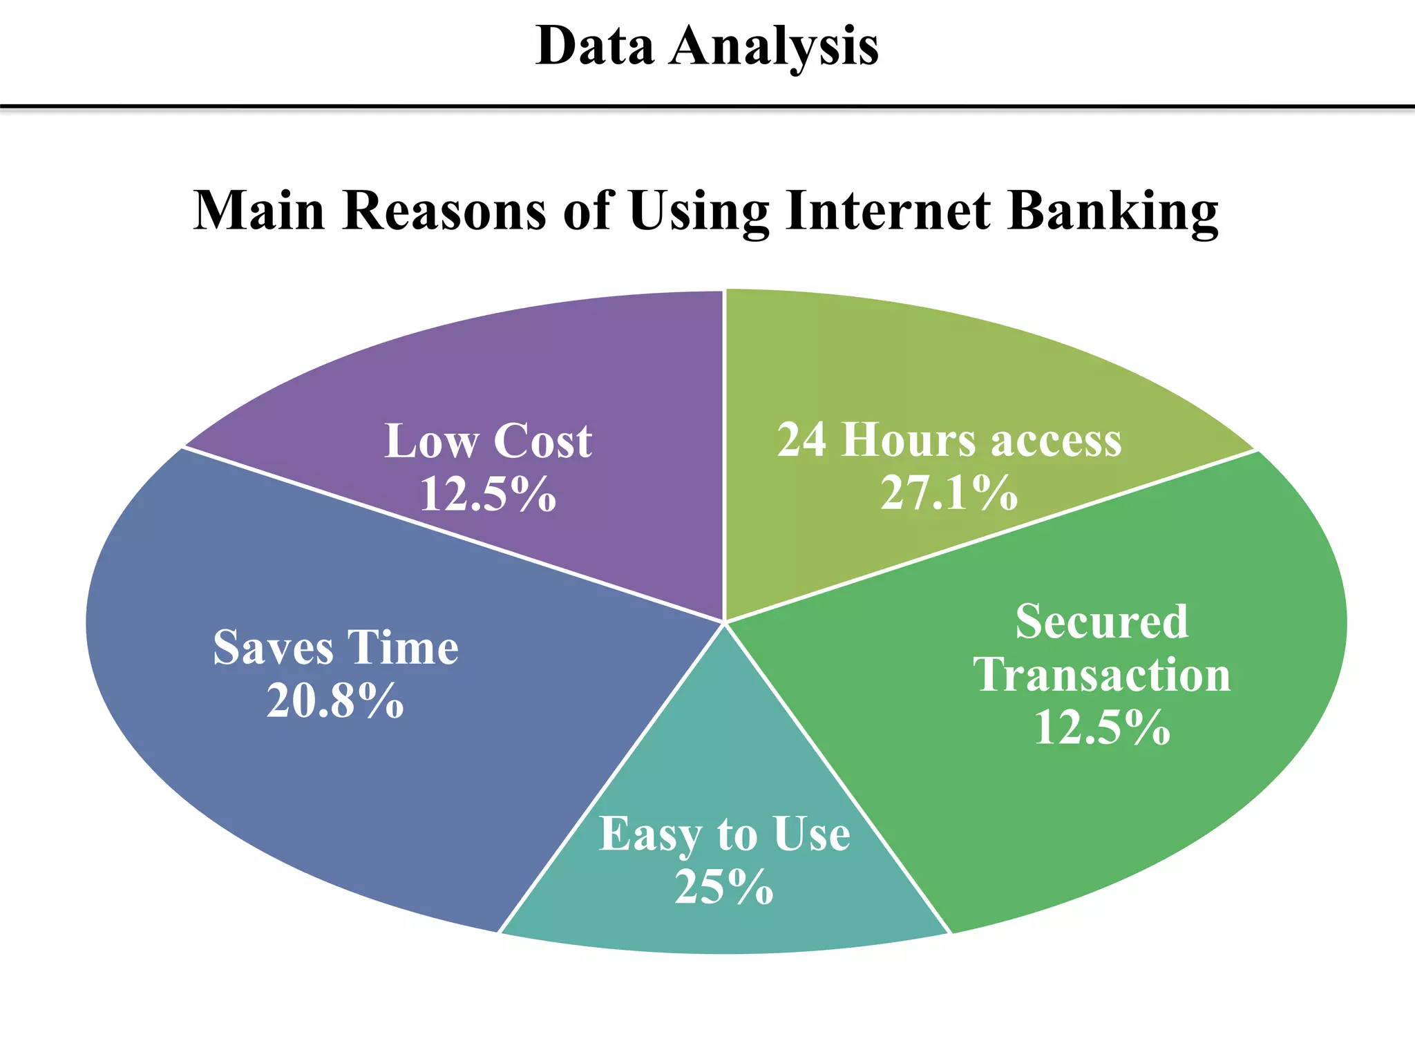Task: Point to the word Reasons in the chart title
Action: coord(445,211)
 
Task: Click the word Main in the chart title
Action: coord(259,211)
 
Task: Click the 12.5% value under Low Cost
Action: coord(488,495)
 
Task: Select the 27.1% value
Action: coord(949,493)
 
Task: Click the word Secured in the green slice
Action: coord(1101,622)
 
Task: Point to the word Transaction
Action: coord(1101,675)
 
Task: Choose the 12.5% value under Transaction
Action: coord(1101,728)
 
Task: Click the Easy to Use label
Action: coord(724,834)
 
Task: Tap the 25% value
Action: coord(724,887)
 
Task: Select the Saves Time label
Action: coord(336,648)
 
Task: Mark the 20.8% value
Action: coord(336,702)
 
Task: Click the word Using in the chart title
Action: coord(699,211)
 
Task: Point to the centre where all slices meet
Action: coord(725,622)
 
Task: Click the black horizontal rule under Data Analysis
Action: coord(707,107)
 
